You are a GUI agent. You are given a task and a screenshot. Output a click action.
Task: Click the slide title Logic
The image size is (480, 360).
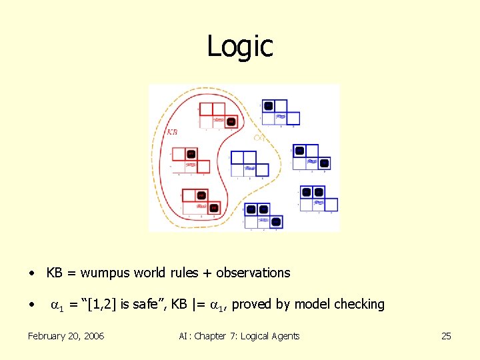point(240,47)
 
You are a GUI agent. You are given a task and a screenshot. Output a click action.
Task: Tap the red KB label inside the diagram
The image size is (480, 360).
point(172,132)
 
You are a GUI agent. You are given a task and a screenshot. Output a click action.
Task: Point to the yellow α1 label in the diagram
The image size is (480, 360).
point(260,138)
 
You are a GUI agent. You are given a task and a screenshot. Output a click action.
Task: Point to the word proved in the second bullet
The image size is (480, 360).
point(253,305)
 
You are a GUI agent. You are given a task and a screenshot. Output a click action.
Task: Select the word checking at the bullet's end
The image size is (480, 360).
point(359,305)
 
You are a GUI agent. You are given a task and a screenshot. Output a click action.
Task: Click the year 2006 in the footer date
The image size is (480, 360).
point(91,336)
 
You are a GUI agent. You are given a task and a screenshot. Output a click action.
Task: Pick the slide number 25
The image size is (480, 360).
point(446,336)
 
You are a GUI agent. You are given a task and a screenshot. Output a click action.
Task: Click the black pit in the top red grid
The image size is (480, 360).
point(231,121)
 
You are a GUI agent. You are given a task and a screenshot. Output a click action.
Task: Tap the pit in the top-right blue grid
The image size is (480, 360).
point(268,105)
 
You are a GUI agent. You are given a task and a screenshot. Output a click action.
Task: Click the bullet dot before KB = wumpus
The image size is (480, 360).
point(31,273)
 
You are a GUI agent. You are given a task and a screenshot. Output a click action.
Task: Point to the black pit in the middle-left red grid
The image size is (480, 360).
point(191,154)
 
